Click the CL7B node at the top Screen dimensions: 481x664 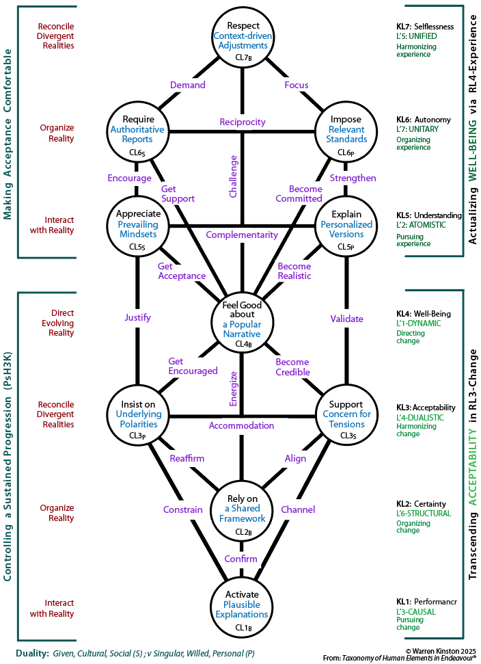[243, 37]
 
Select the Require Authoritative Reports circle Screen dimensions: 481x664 [137, 132]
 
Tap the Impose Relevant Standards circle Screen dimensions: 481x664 [346, 132]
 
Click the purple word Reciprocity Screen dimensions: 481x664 [243, 122]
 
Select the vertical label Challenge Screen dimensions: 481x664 [233, 176]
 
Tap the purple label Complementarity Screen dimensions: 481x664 [242, 235]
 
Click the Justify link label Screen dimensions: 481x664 [137, 317]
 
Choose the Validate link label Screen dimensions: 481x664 [346, 319]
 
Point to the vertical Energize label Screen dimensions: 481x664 [233, 388]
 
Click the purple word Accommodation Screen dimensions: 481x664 [241, 425]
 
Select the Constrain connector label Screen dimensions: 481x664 [182, 509]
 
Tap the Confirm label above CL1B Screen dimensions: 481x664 [240, 559]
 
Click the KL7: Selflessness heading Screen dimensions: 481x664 [425, 27]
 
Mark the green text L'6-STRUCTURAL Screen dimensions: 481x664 [424, 514]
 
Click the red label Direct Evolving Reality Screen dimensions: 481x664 [58, 323]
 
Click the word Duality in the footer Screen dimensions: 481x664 [31, 654]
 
